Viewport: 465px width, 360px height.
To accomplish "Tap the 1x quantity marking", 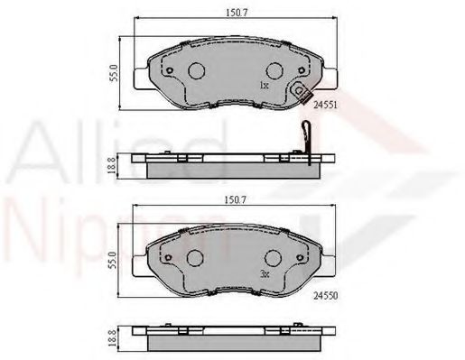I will point(263,86).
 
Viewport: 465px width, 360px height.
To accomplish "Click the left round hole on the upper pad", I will point(196,71).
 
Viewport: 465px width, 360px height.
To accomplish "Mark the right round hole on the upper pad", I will point(276,71).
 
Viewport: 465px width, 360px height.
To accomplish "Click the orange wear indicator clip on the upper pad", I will point(302,91).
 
